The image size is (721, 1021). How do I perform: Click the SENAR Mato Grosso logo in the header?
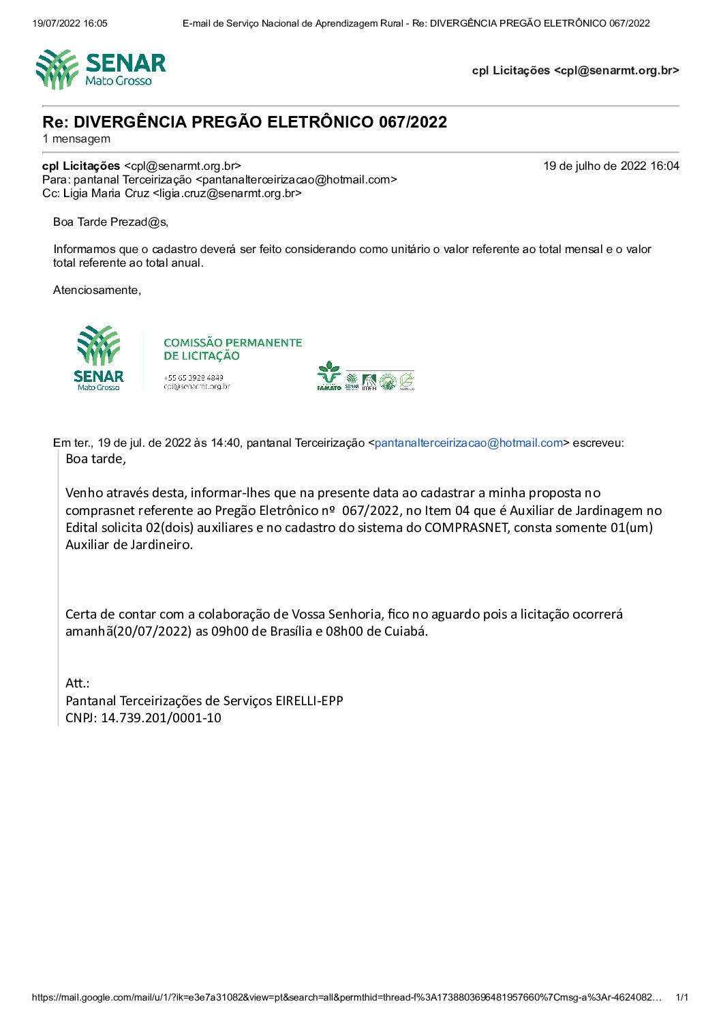click(x=101, y=70)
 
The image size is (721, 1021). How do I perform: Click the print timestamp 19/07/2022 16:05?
click(x=70, y=23)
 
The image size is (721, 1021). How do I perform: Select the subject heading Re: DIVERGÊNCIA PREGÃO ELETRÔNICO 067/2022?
click(x=245, y=122)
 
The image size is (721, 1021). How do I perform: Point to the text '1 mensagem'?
click(x=76, y=139)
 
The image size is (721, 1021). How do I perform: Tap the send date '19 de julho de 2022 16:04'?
click(x=611, y=166)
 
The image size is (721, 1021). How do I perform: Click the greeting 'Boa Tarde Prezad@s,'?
click(x=110, y=222)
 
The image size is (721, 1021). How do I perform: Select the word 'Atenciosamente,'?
click(x=97, y=291)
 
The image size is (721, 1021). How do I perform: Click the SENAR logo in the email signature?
click(x=99, y=358)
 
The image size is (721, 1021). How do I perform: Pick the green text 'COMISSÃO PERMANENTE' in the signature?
click(x=232, y=343)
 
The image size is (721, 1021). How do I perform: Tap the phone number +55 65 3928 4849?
click(x=193, y=377)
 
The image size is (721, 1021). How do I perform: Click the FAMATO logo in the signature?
click(x=328, y=376)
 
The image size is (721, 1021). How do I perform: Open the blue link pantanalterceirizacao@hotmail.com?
click(x=469, y=443)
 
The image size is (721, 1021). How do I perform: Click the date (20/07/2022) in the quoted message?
click(x=153, y=632)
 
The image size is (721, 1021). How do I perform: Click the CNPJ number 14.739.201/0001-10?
click(x=161, y=718)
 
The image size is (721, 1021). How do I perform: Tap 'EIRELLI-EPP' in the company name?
click(x=309, y=701)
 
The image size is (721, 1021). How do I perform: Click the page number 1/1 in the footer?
click(x=681, y=998)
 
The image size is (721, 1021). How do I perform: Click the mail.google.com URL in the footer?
click(x=347, y=998)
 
